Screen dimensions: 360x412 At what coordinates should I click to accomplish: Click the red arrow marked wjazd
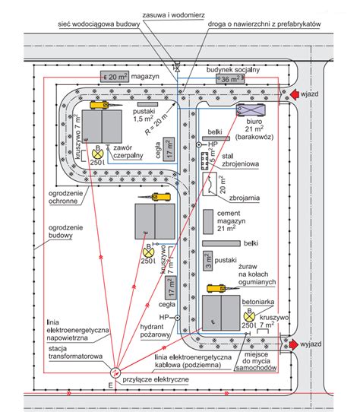tap(295, 94)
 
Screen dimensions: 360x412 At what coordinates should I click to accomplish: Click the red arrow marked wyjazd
tap(294, 344)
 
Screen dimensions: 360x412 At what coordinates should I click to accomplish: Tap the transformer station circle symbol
tap(115, 372)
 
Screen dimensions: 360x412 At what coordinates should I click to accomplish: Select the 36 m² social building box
tap(230, 78)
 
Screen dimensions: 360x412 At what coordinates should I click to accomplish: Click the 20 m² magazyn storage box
tap(115, 77)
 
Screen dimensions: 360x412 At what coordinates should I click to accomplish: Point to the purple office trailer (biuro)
tap(251, 109)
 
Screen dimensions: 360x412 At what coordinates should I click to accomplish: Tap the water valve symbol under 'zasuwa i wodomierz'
tap(177, 68)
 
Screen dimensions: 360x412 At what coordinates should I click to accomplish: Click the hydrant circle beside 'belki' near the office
tap(199, 144)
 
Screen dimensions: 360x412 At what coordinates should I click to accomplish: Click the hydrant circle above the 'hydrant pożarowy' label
tap(178, 318)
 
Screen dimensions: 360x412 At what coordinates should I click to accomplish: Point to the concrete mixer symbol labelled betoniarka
tap(249, 316)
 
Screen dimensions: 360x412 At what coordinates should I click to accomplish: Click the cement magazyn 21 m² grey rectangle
tap(208, 221)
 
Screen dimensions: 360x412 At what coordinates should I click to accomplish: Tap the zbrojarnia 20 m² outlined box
tap(210, 184)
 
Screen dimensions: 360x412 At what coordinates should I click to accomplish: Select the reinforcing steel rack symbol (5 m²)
tap(204, 161)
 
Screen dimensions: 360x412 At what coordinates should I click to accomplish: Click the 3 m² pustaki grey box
tap(207, 261)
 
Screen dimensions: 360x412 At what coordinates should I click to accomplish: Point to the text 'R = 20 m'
tap(156, 124)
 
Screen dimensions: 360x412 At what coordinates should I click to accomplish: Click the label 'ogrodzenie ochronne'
tap(65, 198)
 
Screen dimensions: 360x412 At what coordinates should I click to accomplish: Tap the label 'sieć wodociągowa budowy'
tap(99, 24)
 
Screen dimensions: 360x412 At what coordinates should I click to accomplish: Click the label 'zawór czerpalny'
tap(128, 151)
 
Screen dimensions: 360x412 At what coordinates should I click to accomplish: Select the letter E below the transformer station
tap(111, 385)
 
